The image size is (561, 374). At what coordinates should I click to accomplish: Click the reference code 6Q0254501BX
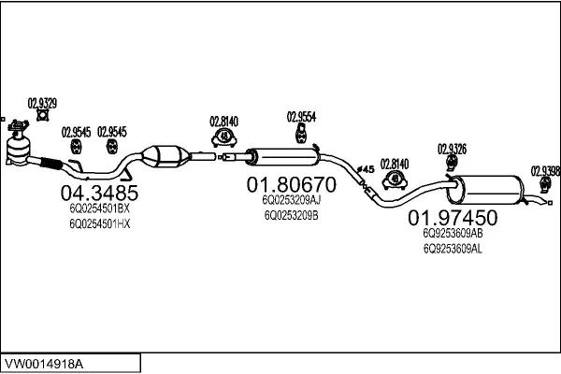click(99, 209)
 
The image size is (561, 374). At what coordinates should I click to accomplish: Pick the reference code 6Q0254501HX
click(99, 223)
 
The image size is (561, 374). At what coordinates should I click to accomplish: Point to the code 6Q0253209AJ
click(291, 200)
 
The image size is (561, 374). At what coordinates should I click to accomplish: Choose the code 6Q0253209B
click(291, 215)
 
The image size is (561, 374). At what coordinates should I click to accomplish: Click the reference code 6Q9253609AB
click(453, 233)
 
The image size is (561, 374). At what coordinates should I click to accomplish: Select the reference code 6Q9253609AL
click(453, 248)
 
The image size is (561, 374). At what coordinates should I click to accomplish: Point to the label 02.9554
click(301, 117)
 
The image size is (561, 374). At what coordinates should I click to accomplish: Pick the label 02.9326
click(452, 148)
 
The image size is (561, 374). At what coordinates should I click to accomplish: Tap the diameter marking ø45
click(367, 168)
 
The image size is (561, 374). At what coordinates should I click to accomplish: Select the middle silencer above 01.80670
click(280, 156)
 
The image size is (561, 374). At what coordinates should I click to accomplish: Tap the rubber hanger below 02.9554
click(302, 135)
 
